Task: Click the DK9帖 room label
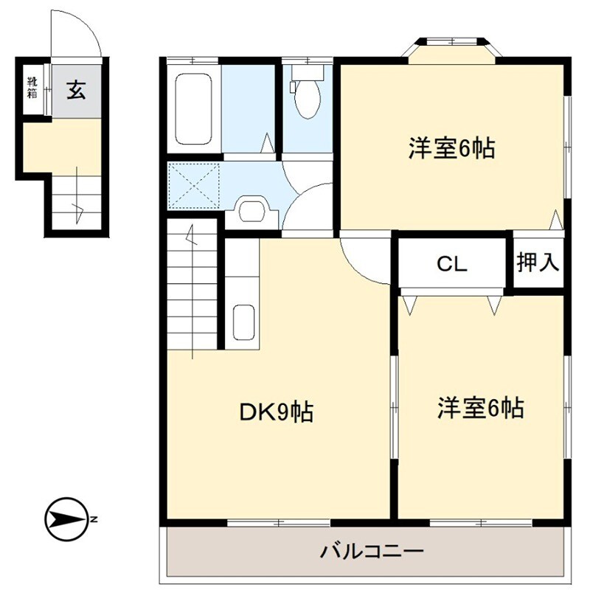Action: click(x=277, y=412)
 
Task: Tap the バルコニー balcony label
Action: click(x=372, y=551)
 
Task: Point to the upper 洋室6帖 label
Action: click(x=451, y=149)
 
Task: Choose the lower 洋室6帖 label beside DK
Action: click(x=481, y=407)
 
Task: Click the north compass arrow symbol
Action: click(x=66, y=518)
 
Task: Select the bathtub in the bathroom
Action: click(x=194, y=109)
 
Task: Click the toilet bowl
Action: click(x=305, y=96)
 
